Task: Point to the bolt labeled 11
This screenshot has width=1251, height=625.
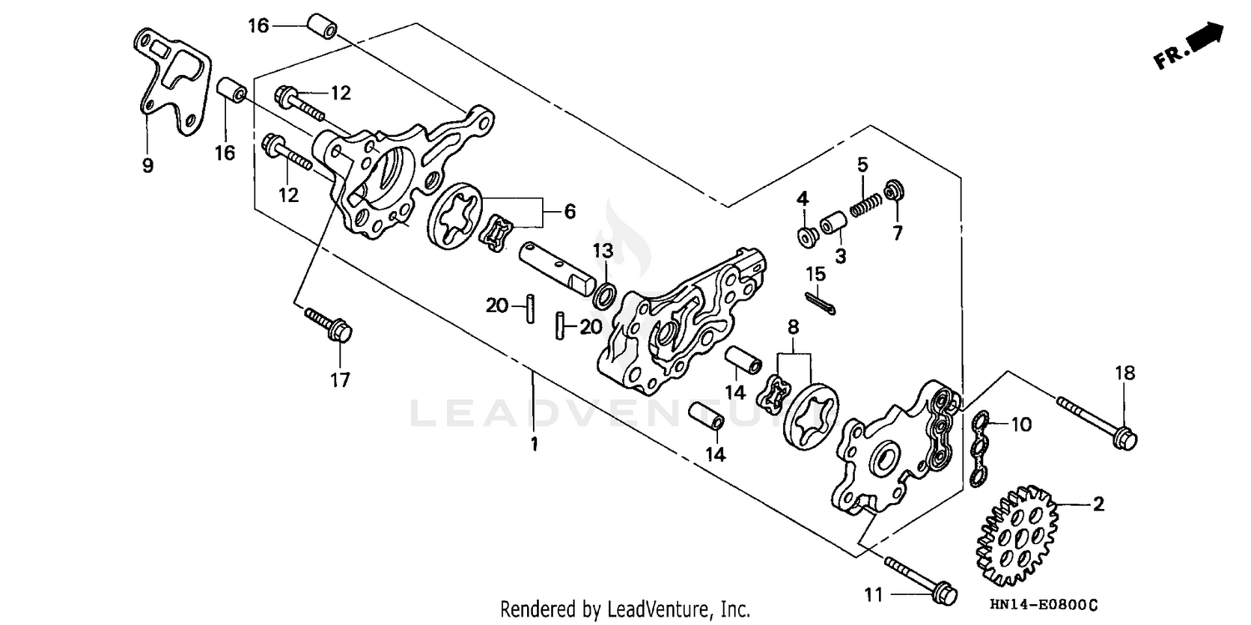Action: (917, 580)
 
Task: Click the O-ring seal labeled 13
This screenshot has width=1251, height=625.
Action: (605, 294)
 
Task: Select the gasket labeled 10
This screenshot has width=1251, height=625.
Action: (979, 446)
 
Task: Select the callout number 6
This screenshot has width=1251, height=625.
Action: (570, 212)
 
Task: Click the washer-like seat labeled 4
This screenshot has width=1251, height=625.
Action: (806, 237)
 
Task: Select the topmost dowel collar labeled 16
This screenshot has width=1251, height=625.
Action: (322, 26)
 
